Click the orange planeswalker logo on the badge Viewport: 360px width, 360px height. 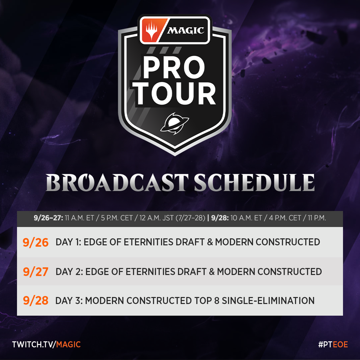(152, 30)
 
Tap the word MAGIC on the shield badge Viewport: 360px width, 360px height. (186, 30)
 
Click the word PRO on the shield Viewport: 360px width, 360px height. (174, 67)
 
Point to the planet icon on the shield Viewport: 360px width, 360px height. (174, 124)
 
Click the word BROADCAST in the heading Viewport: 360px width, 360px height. (117, 183)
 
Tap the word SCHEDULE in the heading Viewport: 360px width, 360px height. (255, 183)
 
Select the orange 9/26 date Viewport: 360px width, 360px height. (36, 242)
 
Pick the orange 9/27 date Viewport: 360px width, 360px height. (36, 272)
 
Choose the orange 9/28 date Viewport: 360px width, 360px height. (36, 301)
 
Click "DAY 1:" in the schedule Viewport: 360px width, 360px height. (69, 242)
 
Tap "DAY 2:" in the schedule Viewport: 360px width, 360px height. (69, 272)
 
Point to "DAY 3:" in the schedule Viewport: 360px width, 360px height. (69, 301)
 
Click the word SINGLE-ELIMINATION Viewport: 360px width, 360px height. (268, 301)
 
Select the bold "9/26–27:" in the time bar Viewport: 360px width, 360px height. (49, 218)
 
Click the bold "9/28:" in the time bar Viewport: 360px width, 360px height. (220, 218)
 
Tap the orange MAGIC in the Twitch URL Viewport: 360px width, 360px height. (69, 344)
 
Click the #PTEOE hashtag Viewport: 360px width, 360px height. (333, 344)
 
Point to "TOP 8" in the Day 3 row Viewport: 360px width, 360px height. (206, 301)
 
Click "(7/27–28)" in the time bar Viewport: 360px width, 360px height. (190, 218)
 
